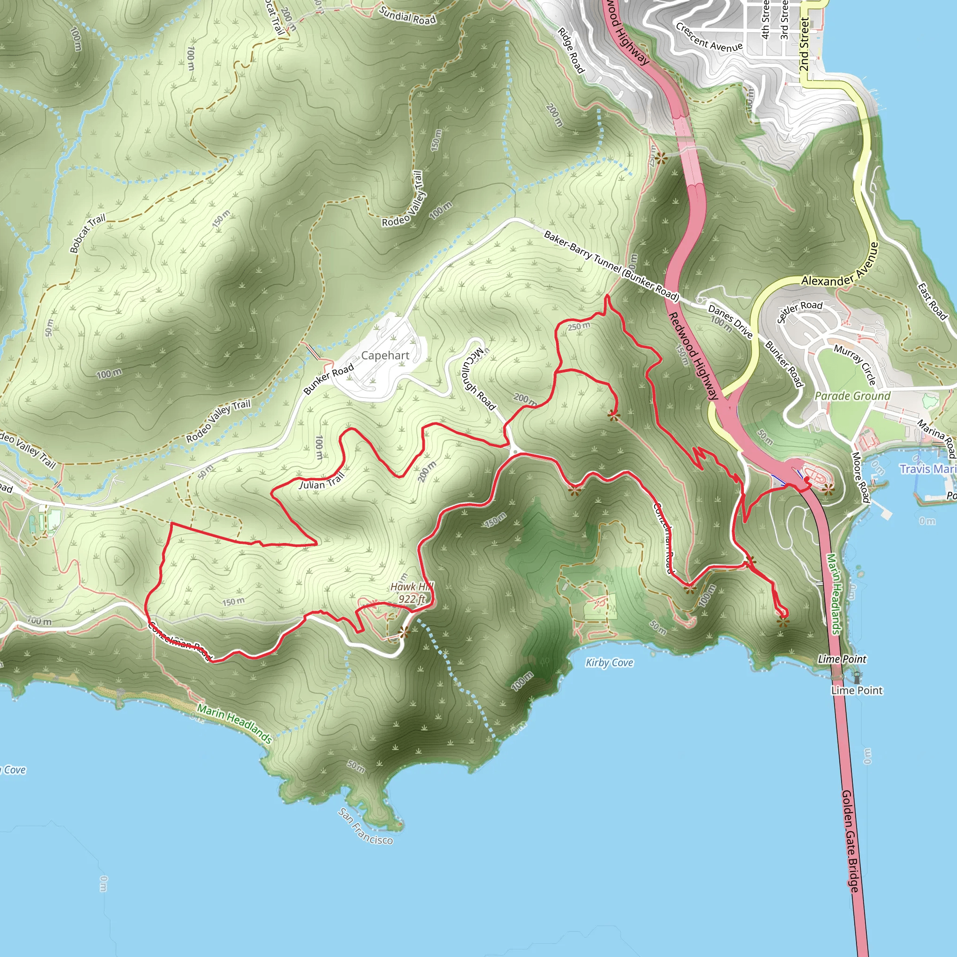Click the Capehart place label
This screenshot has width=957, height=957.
385,356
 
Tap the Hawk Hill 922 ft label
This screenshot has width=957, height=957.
412,593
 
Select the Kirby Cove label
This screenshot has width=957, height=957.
609,663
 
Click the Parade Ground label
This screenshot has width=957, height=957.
852,396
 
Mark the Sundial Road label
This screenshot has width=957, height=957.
407,15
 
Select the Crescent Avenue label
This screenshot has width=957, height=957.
709,38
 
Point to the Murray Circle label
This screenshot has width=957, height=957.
855,364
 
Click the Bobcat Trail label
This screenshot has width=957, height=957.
88,233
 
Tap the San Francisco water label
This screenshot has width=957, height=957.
365,826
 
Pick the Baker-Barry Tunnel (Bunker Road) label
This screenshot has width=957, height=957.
611,265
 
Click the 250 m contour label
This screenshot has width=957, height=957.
578,327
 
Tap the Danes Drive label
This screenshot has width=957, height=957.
731,321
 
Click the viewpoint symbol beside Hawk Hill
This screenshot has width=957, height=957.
404,632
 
